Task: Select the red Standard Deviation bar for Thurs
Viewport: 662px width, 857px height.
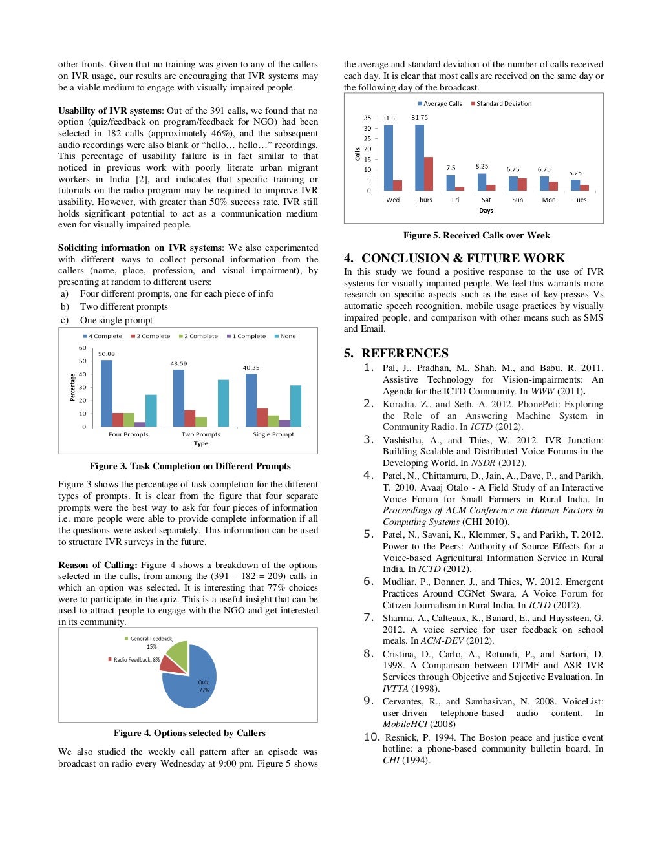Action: coord(429,173)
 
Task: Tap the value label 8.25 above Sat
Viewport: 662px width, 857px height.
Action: coord(482,166)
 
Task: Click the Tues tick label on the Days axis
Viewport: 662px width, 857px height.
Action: coord(580,200)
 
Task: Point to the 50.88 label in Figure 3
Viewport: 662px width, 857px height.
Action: coord(107,354)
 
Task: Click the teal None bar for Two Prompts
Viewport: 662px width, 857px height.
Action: coord(223,403)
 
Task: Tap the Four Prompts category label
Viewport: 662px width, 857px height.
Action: coord(128,434)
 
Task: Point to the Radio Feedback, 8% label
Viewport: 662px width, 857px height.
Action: coord(134,660)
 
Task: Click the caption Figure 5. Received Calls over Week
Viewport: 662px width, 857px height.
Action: coord(476,235)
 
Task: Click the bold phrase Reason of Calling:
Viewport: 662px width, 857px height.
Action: coord(98,565)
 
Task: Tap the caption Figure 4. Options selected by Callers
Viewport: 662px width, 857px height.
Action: coord(189,733)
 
